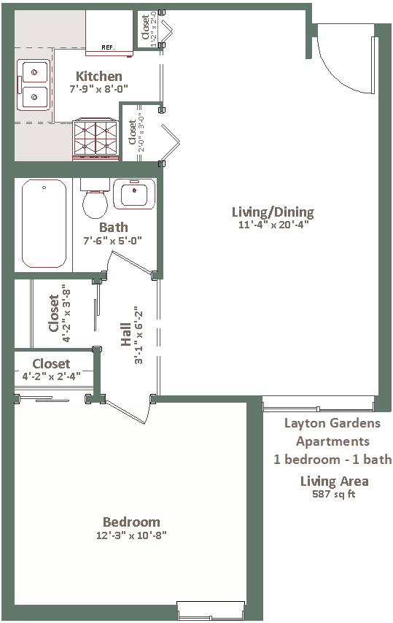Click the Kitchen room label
coord(99,76)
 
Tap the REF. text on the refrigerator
coord(108,47)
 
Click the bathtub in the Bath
coord(44,224)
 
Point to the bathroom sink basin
coord(134,194)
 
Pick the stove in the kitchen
coord(96,139)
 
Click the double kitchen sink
coord(34,85)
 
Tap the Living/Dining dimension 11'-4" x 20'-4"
coord(273,225)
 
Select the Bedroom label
coord(131,522)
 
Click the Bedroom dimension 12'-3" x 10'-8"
coord(131,535)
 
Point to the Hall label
coord(126,335)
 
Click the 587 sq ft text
coord(334,495)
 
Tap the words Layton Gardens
coord(332,423)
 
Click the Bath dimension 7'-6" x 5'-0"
coord(113,241)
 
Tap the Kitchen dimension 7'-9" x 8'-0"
coord(99,88)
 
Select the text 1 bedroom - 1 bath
coord(332,460)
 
